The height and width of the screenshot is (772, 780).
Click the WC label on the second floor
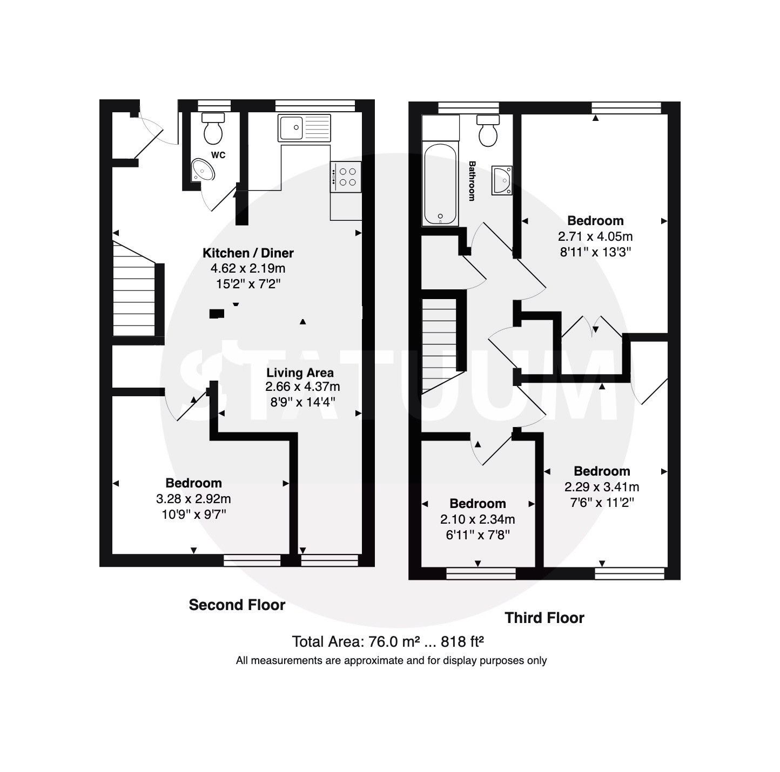(x=218, y=155)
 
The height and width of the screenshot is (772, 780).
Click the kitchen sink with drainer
(x=304, y=127)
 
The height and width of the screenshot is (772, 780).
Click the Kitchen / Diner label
(x=248, y=253)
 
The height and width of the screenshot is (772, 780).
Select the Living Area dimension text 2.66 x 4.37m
(x=302, y=387)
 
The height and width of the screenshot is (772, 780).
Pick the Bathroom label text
(x=472, y=181)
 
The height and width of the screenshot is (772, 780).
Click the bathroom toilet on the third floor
(x=489, y=131)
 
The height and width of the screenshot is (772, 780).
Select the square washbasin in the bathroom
(x=502, y=180)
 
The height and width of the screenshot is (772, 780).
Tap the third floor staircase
(x=440, y=340)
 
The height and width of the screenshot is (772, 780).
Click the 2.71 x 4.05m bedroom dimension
(x=595, y=236)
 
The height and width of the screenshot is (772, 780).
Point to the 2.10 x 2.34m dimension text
(x=478, y=519)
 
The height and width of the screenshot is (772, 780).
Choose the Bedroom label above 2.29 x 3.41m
(x=602, y=471)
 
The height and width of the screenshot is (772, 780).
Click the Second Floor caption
(x=237, y=605)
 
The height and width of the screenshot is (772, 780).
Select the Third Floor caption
(x=544, y=618)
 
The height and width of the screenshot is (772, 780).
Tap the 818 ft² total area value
(x=462, y=642)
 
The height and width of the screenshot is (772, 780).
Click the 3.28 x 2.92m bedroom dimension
(x=193, y=499)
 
